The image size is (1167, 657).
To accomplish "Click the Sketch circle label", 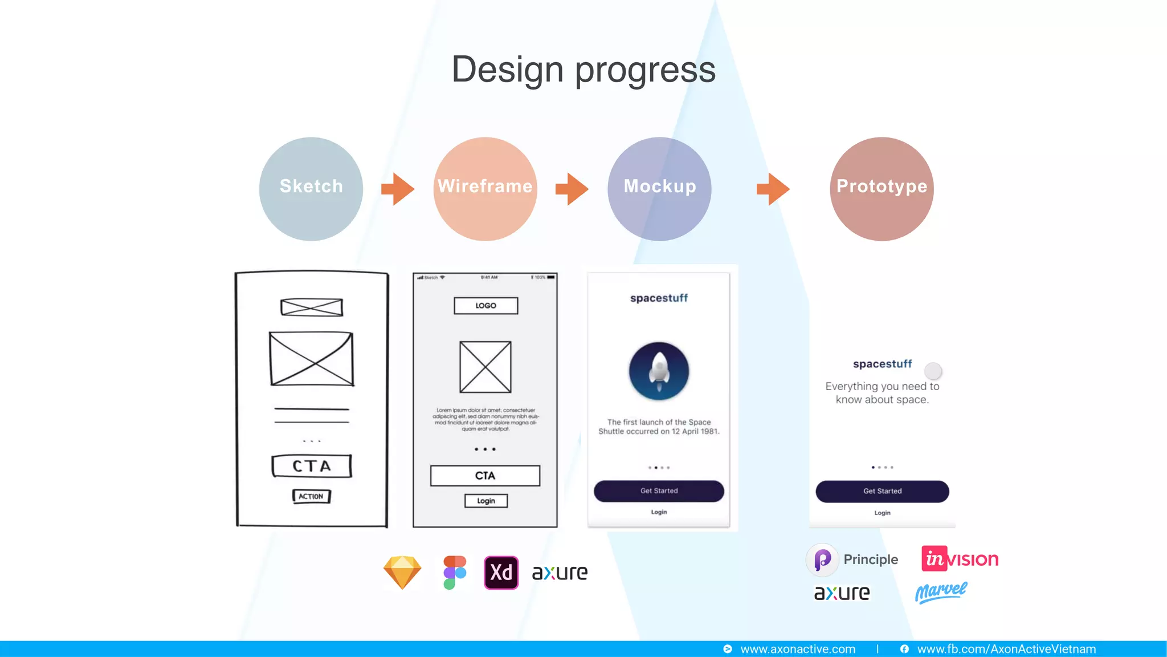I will (311, 186).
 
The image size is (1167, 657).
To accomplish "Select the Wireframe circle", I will (485, 189).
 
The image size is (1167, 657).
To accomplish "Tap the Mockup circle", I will (659, 189).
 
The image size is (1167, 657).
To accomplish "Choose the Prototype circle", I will (882, 189).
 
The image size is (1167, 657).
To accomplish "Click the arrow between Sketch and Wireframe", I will (398, 189).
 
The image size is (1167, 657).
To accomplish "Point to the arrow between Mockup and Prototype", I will (773, 189).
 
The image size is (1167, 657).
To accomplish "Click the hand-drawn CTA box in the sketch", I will (311, 466).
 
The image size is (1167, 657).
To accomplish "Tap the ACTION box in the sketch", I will (311, 496).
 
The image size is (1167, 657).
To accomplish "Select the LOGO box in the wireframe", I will (485, 306).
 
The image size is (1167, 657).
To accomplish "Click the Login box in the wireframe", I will (485, 501).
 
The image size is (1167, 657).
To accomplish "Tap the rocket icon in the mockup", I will (659, 371).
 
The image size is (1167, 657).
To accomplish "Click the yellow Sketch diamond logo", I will (402, 572).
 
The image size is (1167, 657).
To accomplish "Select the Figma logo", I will (455, 572).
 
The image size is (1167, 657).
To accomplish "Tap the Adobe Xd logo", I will (501, 572).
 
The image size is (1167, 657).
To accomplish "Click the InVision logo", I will (960, 559).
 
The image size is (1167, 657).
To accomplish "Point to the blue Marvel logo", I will (941, 592).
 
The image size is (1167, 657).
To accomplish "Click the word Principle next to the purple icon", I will (871, 559).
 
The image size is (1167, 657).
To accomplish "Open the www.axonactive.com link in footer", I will (797, 649).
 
